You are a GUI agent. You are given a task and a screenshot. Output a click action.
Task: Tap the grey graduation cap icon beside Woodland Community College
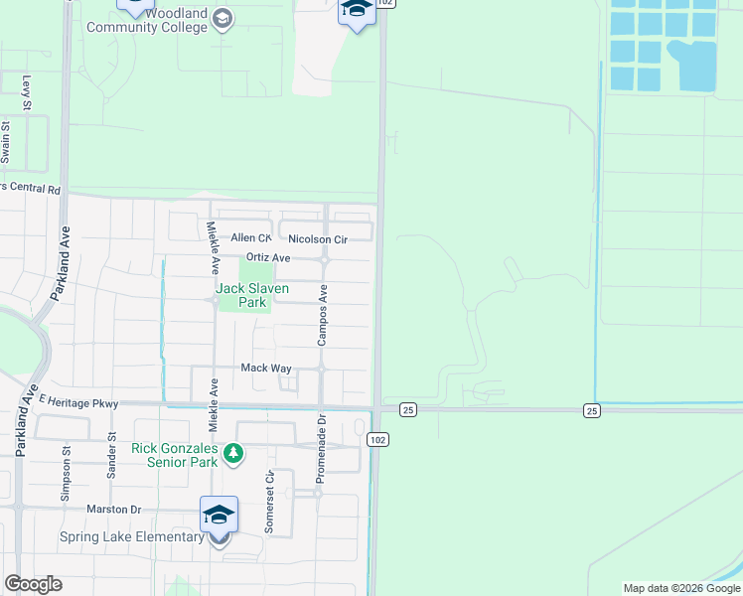pos(224,18)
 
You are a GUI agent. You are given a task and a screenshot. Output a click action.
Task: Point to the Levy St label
pos(27,91)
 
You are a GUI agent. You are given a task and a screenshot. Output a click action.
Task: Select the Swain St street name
pos(6,143)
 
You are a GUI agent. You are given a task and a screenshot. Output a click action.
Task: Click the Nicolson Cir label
pos(318,239)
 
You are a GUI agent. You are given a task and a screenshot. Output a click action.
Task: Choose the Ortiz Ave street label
pos(267,258)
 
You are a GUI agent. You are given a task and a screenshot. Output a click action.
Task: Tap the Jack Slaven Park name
pos(252,295)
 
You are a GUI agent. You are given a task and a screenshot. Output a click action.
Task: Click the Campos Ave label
pos(323,316)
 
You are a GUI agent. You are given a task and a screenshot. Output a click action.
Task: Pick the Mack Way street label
pos(266,368)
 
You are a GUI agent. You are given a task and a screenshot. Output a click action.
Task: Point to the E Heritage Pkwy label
pos(78,402)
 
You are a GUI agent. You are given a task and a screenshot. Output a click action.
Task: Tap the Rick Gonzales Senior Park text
pos(174,455)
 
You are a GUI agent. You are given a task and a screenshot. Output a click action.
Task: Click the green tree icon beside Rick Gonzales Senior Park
pos(233,454)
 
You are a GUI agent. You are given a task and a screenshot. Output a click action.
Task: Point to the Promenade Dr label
pos(320,455)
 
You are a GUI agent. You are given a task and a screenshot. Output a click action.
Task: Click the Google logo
pos(33,584)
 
